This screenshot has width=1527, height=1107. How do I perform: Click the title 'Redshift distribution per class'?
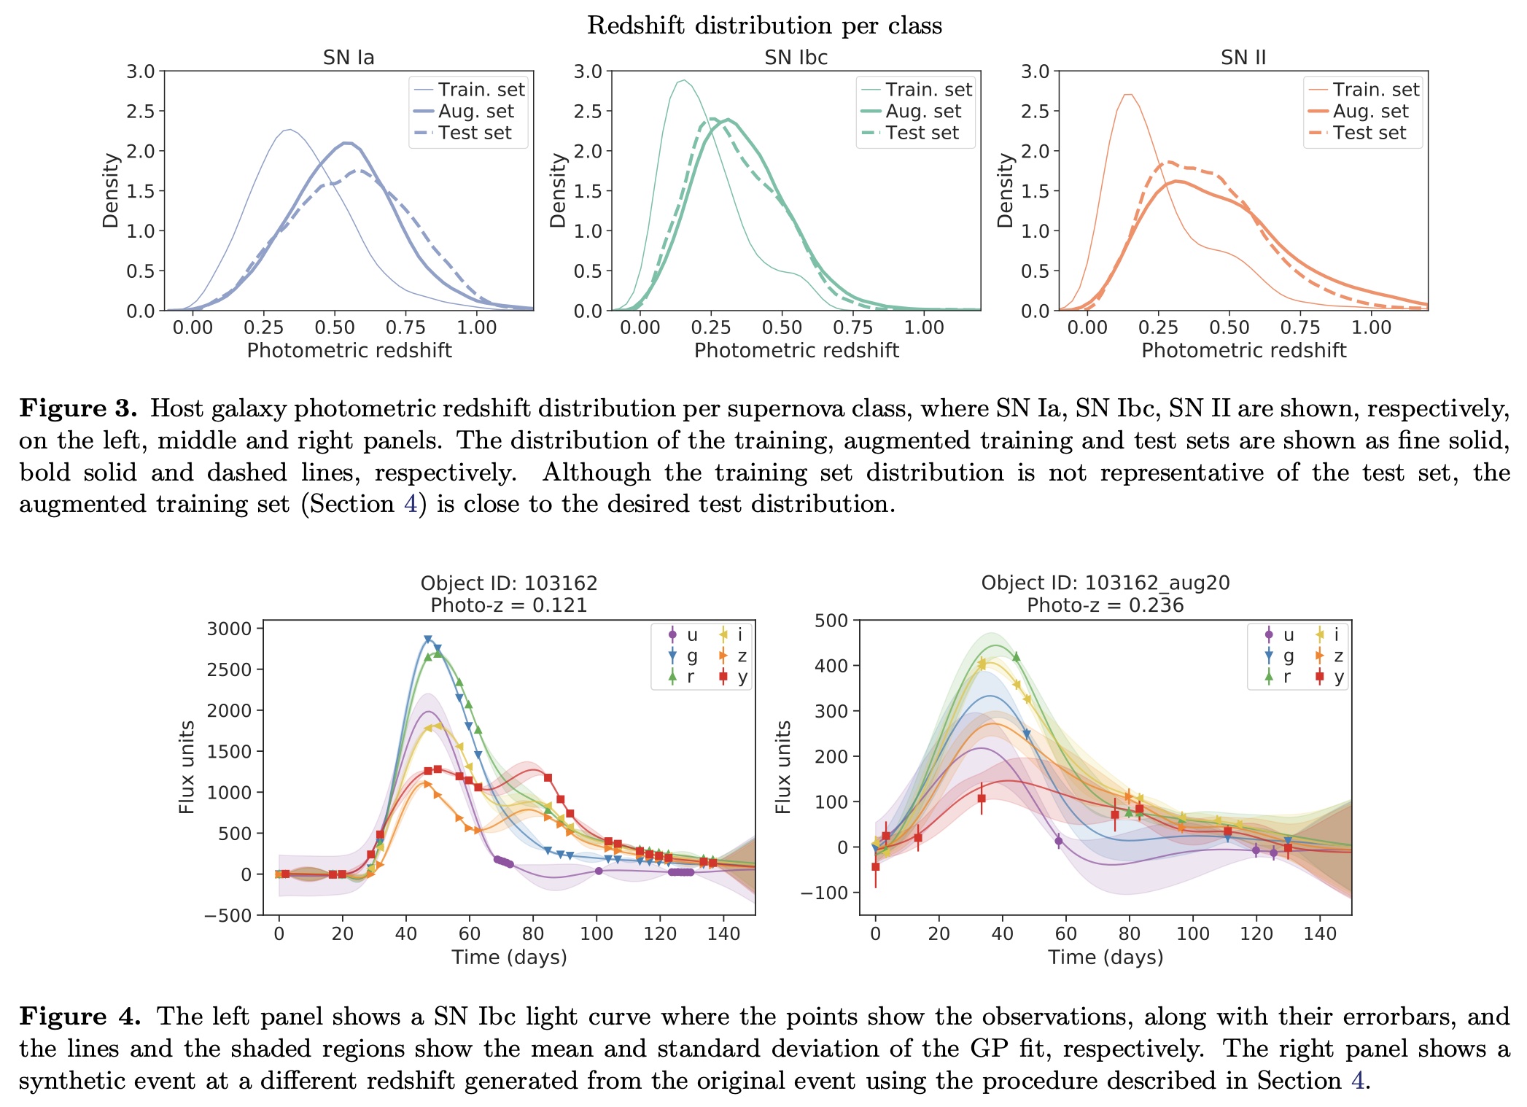pos(764,26)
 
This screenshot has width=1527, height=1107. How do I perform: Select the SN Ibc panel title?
pos(796,58)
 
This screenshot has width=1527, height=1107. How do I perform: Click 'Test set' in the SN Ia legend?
pos(475,133)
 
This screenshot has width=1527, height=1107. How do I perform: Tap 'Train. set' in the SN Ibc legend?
pos(928,90)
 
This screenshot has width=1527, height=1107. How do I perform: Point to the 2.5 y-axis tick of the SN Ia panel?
pos(141,112)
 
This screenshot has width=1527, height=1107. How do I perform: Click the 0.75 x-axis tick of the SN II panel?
pos(1300,327)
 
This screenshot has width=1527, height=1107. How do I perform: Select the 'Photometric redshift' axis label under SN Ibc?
pos(796,351)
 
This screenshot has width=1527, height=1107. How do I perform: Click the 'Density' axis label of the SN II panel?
pos(1006,190)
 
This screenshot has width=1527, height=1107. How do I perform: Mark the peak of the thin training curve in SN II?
pos(1128,94)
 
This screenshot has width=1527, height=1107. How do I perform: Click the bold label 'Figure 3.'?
pos(78,408)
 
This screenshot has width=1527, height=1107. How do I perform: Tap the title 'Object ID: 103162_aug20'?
pos(1105,583)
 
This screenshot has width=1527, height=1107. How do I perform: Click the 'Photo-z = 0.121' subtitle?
pos(508,605)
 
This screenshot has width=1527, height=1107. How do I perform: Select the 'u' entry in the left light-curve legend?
pos(691,634)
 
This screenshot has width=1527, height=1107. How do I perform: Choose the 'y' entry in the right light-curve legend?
pos(1339,677)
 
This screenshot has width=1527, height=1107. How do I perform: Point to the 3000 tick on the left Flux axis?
pos(229,629)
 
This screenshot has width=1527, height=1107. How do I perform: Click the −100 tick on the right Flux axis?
pos(824,893)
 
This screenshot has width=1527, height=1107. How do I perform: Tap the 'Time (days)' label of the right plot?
pos(1105,957)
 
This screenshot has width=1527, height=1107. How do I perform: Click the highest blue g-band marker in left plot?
pos(428,640)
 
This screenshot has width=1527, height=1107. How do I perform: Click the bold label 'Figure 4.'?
pos(79,1017)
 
